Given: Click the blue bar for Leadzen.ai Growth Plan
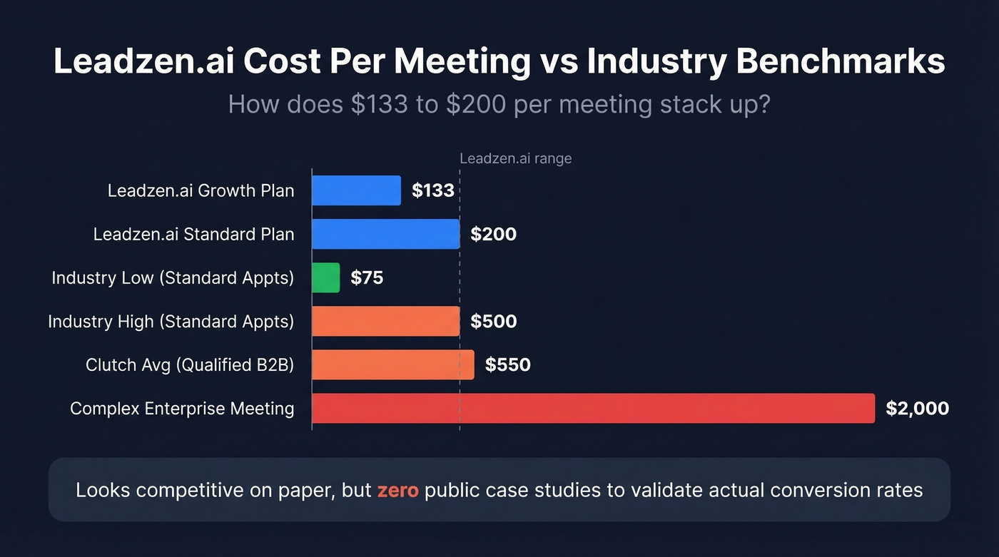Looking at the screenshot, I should coord(356,190).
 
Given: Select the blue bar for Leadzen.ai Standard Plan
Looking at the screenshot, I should coord(385,234).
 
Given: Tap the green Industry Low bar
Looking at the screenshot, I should coord(326,277).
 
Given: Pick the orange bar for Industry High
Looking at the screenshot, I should coord(385,321).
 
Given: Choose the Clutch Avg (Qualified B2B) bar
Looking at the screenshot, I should coord(392,364).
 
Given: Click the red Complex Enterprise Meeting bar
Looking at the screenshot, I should coord(593,408).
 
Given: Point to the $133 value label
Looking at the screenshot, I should coord(433,190).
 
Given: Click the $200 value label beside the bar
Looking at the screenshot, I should coord(493,234).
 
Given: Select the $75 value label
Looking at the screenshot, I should coord(367,277).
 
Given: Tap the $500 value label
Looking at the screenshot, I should coord(493,321).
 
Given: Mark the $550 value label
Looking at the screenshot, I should coord(507,364).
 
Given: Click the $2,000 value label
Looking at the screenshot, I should coord(917,408).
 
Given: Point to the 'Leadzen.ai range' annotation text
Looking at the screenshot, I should coord(515,158).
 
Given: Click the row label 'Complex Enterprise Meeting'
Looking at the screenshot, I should coord(182,409).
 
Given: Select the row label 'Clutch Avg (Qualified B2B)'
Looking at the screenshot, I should coord(190,365).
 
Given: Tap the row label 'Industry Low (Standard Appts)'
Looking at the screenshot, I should coord(173,278).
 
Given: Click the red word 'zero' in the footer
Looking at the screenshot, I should coord(397,491).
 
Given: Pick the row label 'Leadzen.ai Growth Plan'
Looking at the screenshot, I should coord(201,191).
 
